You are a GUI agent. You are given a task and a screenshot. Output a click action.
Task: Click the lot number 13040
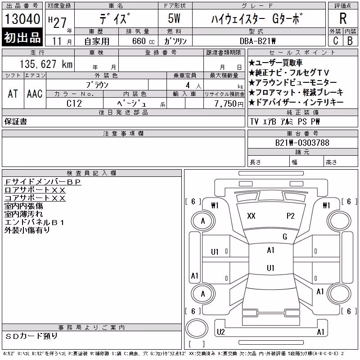pyautogui.click(x=22, y=18)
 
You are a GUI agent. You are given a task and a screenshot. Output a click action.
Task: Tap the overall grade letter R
pyautogui.click(x=343, y=18)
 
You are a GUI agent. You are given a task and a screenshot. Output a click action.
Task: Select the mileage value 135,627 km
pyautogui.click(x=46, y=64)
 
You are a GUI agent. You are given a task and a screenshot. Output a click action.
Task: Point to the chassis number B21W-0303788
pyautogui.click(x=302, y=143)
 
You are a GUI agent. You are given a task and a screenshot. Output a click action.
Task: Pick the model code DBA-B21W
pyautogui.click(x=257, y=41)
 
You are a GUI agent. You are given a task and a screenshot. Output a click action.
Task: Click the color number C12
pyautogui.click(x=74, y=103)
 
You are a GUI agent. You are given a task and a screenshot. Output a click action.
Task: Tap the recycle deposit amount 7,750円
pyautogui.click(x=229, y=104)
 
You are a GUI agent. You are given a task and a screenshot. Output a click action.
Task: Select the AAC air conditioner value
pyautogui.click(x=35, y=94)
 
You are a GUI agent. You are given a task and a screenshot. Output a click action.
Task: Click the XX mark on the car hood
pyautogui.click(x=251, y=216)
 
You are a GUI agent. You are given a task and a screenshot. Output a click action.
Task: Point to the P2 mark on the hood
pyautogui.click(x=290, y=216)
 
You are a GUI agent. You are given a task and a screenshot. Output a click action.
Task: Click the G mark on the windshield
pyautogui.click(x=285, y=237)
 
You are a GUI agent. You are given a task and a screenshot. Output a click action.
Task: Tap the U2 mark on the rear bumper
pyautogui.click(x=220, y=332)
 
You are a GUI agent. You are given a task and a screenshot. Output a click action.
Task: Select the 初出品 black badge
pyautogui.click(x=22, y=37)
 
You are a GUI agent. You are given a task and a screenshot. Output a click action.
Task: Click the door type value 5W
pyautogui.click(x=174, y=18)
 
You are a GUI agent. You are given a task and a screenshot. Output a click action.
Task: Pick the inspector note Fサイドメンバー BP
pyautogui.click(x=43, y=182)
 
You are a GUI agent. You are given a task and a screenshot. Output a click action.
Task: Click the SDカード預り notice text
pyautogui.click(x=31, y=336)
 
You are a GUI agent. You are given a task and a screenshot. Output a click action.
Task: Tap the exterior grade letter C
pyautogui.click(x=335, y=41)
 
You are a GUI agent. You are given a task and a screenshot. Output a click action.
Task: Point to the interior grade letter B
pyautogui.click(x=350, y=41)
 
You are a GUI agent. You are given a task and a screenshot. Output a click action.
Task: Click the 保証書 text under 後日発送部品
pyautogui.click(x=16, y=121)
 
